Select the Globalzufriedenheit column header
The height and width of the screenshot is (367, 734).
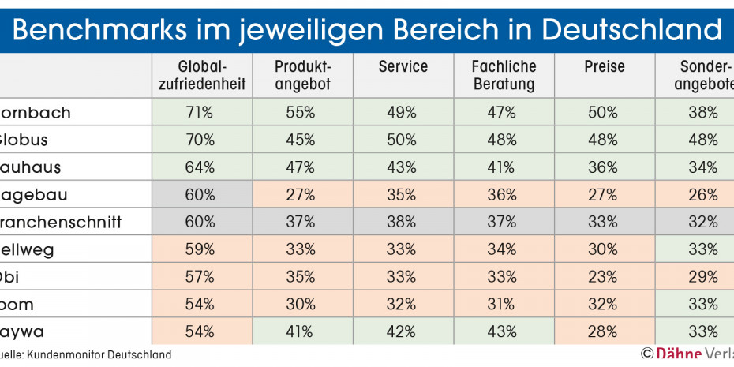[201, 76]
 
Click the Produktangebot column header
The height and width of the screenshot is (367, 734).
[303, 76]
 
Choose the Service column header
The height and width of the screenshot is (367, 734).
[403, 68]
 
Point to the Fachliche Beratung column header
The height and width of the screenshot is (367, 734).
[504, 76]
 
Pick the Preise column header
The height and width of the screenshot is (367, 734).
[605, 68]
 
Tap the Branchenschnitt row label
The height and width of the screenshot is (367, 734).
[61, 222]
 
